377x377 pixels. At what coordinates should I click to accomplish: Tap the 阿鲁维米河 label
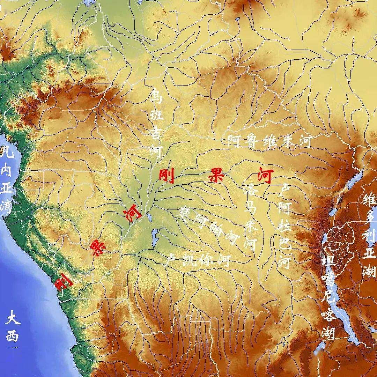(x=269, y=141)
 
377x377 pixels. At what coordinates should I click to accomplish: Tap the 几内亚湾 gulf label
(x=7, y=180)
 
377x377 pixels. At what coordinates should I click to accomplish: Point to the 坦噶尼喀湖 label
(x=328, y=297)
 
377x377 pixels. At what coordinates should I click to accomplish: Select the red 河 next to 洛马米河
(x=264, y=176)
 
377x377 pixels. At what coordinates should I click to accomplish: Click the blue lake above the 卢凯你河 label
(x=154, y=237)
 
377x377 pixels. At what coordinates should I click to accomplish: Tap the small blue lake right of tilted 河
(x=149, y=218)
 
